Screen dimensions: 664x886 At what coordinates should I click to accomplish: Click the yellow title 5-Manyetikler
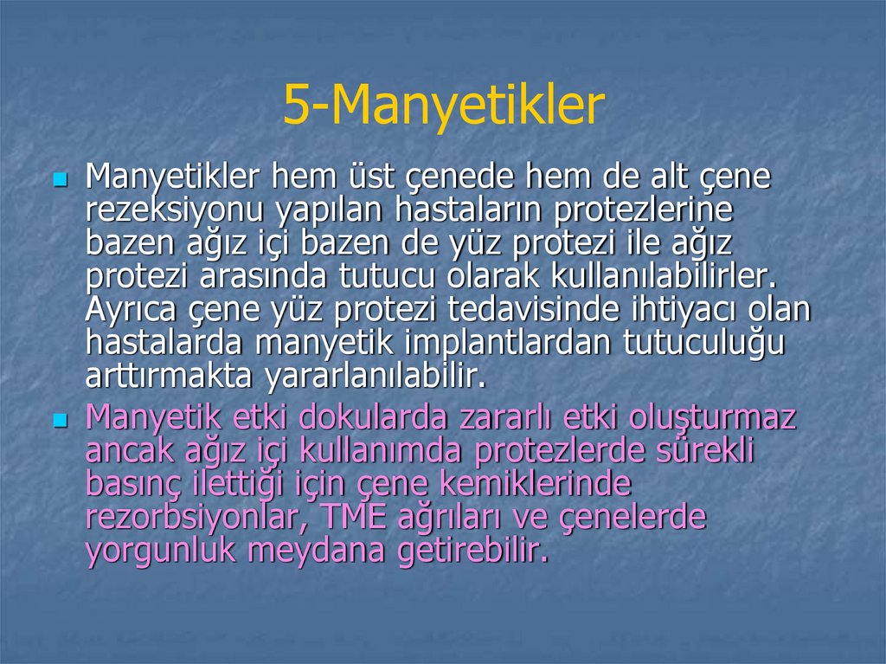point(443,106)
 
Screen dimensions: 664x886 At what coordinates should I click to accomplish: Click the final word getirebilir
point(472,551)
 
